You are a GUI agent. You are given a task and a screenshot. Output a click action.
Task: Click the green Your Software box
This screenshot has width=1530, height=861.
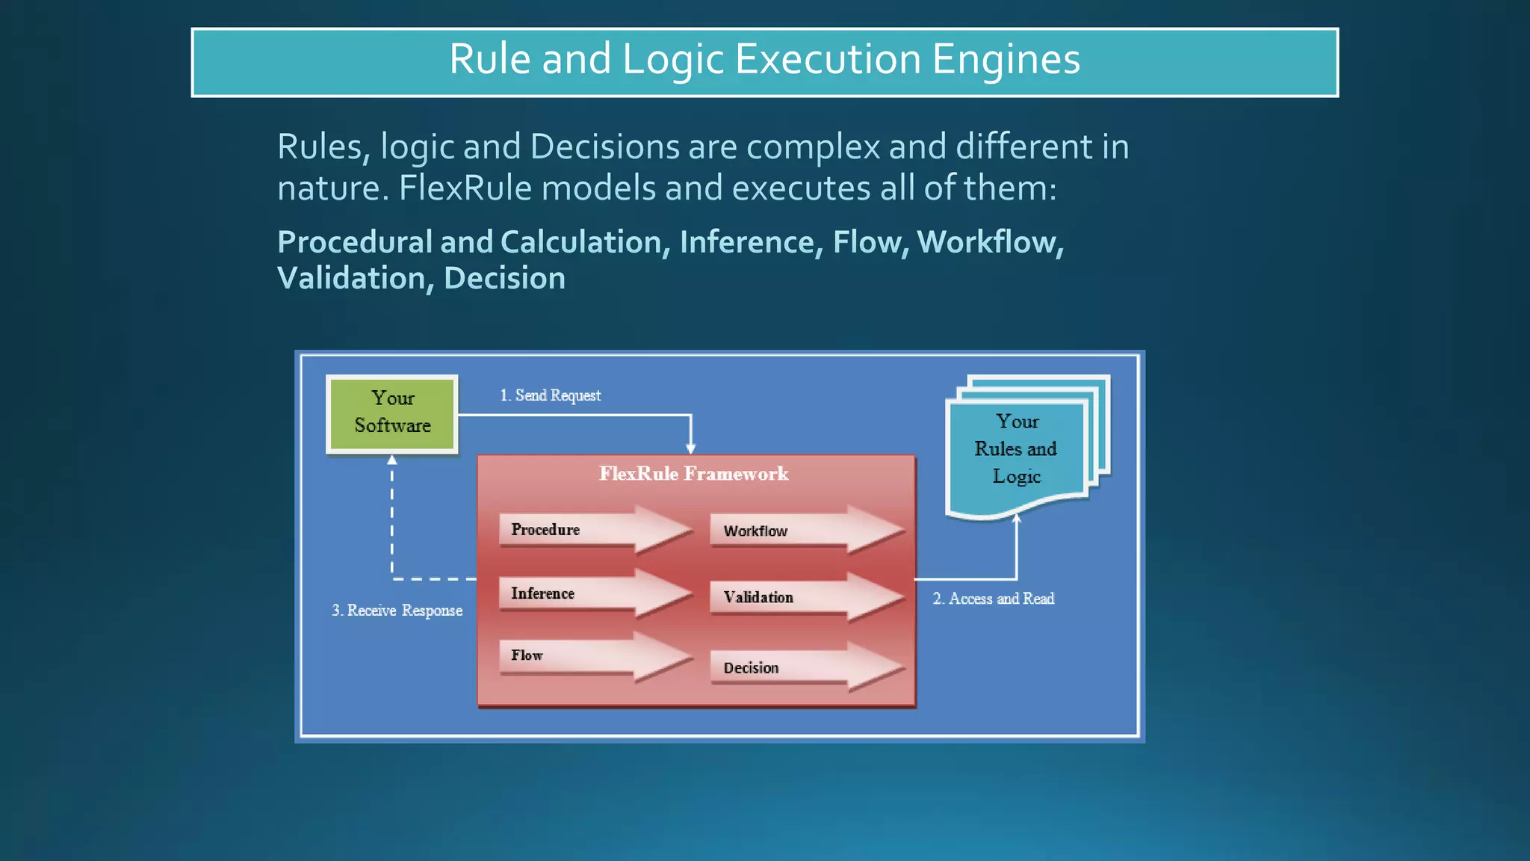392,413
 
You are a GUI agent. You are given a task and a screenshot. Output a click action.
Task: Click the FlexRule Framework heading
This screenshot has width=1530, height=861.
693,474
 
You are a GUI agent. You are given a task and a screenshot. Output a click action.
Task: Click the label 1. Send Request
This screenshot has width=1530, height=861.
551,395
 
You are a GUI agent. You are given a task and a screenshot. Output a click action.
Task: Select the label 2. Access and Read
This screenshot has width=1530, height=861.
994,599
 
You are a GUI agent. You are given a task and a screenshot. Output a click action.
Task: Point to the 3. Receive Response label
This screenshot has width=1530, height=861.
397,611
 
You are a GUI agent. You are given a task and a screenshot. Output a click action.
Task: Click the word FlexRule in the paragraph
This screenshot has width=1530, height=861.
465,188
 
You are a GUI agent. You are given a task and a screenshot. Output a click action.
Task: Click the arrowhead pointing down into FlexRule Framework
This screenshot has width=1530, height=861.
690,448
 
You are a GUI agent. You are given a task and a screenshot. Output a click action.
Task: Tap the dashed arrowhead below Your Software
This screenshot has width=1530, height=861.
392,460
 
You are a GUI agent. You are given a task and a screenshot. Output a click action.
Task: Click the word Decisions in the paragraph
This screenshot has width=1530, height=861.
605,146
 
